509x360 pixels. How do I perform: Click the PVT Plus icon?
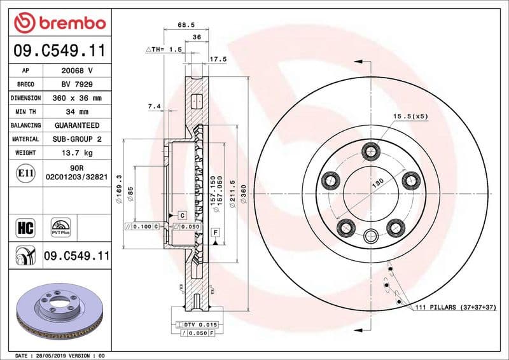coord(61,228)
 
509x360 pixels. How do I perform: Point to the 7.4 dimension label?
coord(154,107)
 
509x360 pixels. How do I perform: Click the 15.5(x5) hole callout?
coord(410,116)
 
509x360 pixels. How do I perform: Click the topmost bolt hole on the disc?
coord(370,151)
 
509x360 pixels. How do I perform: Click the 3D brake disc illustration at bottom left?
coord(56,312)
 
